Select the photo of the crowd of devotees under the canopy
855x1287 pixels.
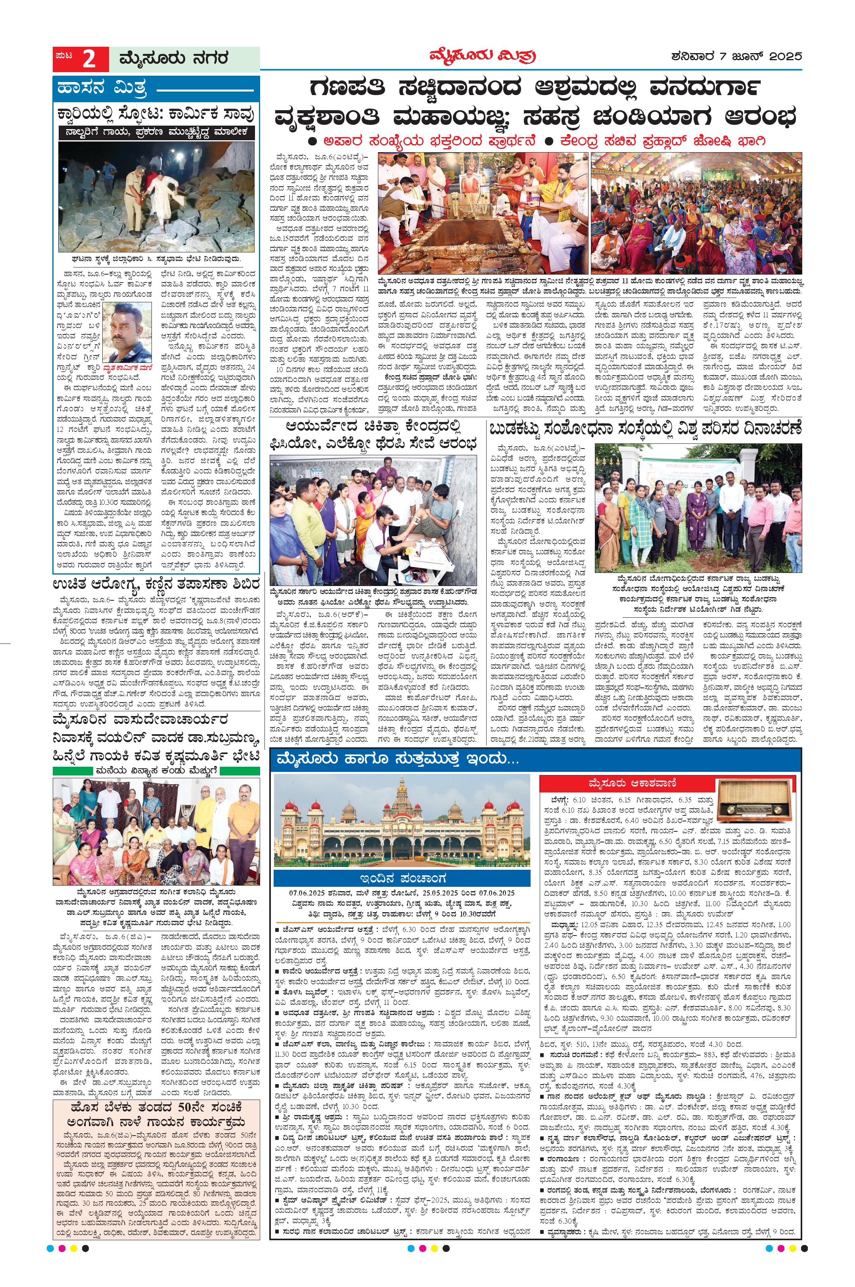696,212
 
